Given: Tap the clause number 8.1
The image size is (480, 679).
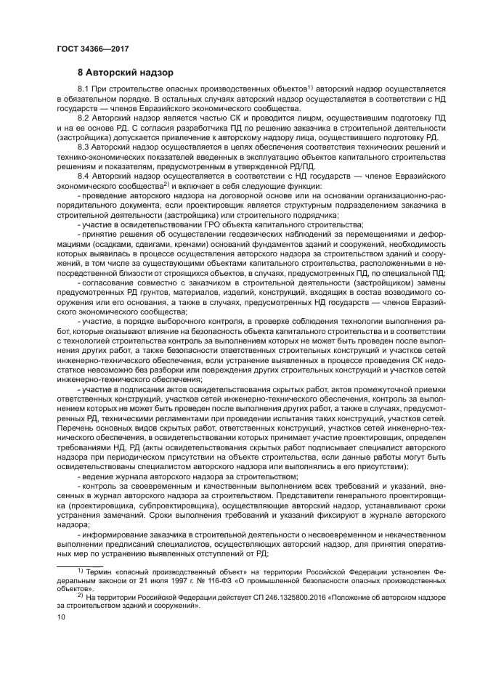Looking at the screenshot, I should [x=84, y=89].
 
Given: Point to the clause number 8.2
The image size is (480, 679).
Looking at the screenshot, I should [x=84, y=117].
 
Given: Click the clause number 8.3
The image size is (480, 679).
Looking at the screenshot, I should [x=84, y=146].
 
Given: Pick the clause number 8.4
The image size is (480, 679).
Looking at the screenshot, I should [x=84, y=175].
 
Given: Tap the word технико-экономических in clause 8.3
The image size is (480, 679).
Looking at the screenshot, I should [x=100, y=155].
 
